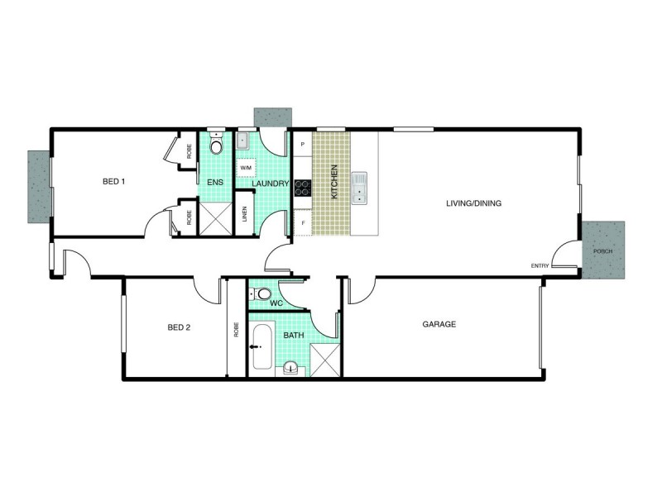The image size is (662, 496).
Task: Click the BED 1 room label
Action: tap(113, 182)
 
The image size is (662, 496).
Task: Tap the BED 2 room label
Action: tap(179, 327)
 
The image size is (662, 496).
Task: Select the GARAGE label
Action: tap(439, 325)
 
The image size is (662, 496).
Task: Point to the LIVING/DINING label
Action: tap(474, 203)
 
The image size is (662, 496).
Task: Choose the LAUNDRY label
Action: tap(270, 184)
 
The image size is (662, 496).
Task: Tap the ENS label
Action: tap(213, 183)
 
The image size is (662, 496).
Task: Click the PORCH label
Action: tap(602, 250)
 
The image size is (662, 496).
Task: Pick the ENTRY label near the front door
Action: tap(540, 265)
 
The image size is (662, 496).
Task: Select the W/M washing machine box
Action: tap(246, 168)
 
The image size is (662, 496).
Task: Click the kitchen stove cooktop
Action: tap(302, 188)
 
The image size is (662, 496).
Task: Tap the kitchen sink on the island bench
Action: tap(358, 188)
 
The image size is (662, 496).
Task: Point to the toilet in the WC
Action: tap(262, 293)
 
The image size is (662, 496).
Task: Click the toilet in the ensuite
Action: tap(216, 146)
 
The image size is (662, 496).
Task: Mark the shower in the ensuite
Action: tap(215, 219)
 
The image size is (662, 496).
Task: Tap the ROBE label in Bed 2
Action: tap(236, 331)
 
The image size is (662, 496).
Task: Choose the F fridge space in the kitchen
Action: tap(303, 223)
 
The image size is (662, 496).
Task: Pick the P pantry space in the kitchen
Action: tap(303, 145)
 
